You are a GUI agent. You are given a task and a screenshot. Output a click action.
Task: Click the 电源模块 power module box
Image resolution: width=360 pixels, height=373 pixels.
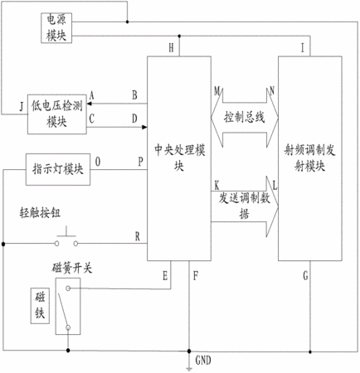click(x=56, y=28)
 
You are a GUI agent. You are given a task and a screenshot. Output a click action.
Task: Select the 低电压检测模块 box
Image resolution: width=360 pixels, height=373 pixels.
click(x=57, y=114)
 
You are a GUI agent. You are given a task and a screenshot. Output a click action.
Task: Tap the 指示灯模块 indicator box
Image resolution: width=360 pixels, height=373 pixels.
click(x=58, y=169)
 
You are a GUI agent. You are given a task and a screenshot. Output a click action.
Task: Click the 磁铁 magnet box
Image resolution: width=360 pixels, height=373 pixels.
click(x=40, y=306)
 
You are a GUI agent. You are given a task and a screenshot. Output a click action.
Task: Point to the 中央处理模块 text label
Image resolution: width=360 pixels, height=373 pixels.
click(x=179, y=157)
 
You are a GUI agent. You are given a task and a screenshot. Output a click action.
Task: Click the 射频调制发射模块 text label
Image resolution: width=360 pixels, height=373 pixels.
click(x=309, y=157)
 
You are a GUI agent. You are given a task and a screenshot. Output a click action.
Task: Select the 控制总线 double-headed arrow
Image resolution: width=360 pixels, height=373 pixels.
click(x=245, y=117)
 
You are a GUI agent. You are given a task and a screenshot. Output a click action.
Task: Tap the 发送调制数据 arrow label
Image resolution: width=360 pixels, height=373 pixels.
click(x=245, y=206)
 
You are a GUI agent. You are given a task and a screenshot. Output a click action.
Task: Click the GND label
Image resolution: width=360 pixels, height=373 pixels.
click(x=203, y=361)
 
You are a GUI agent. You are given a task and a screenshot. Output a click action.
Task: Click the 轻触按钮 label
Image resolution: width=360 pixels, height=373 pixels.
click(x=40, y=213)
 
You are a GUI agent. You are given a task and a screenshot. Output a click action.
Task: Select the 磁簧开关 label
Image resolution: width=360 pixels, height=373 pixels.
click(x=72, y=268)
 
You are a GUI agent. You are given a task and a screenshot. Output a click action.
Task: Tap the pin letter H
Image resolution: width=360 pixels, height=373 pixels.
click(x=172, y=48)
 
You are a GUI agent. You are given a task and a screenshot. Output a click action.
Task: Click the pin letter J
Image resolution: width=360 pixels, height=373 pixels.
click(x=22, y=106)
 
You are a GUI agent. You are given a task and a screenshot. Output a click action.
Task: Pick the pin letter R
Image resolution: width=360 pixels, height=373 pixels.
click(x=138, y=236)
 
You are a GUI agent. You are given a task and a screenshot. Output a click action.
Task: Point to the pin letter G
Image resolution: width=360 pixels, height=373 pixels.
click(x=305, y=275)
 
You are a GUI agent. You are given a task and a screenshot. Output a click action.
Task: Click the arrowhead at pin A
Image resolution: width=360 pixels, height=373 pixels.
click(x=89, y=104)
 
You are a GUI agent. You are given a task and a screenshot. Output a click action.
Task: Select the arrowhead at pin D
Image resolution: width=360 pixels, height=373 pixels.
click(x=144, y=127)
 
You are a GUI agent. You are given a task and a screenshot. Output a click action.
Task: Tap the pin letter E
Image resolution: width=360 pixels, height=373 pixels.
click(x=165, y=276)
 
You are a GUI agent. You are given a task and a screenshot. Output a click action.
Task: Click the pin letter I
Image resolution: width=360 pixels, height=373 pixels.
click(x=303, y=48)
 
